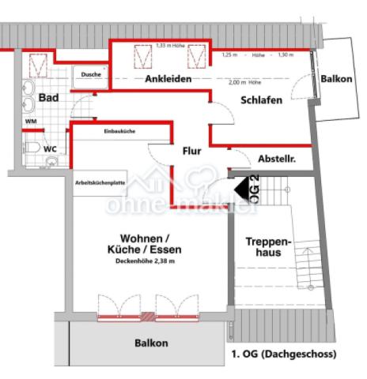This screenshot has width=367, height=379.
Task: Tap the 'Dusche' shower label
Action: point(91,75)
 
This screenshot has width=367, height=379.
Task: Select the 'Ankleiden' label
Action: point(169,80)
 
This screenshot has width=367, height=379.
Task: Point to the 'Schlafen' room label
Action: point(262,99)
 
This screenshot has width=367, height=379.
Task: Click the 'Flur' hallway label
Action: point(193,150)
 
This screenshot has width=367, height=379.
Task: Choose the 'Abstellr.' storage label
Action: point(277,159)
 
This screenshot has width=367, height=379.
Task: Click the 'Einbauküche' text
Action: point(119,132)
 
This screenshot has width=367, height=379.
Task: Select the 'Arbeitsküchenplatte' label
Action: point(100,182)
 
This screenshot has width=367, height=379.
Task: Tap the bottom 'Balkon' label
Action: point(150,343)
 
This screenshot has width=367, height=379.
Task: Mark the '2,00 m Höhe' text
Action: point(244,82)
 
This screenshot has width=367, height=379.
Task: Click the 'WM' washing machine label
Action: point(31,122)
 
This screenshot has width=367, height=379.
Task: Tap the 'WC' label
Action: point(50,148)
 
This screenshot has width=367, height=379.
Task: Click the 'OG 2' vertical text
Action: point(255,193)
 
